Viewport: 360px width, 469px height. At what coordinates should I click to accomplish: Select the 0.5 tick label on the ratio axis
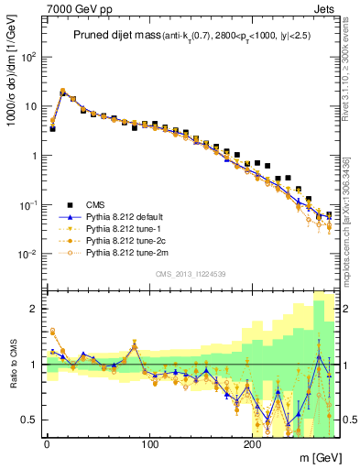click(x=29, y=420)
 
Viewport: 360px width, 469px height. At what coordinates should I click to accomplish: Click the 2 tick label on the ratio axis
click(x=33, y=309)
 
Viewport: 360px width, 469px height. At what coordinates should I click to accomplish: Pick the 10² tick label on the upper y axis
click(x=27, y=57)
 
